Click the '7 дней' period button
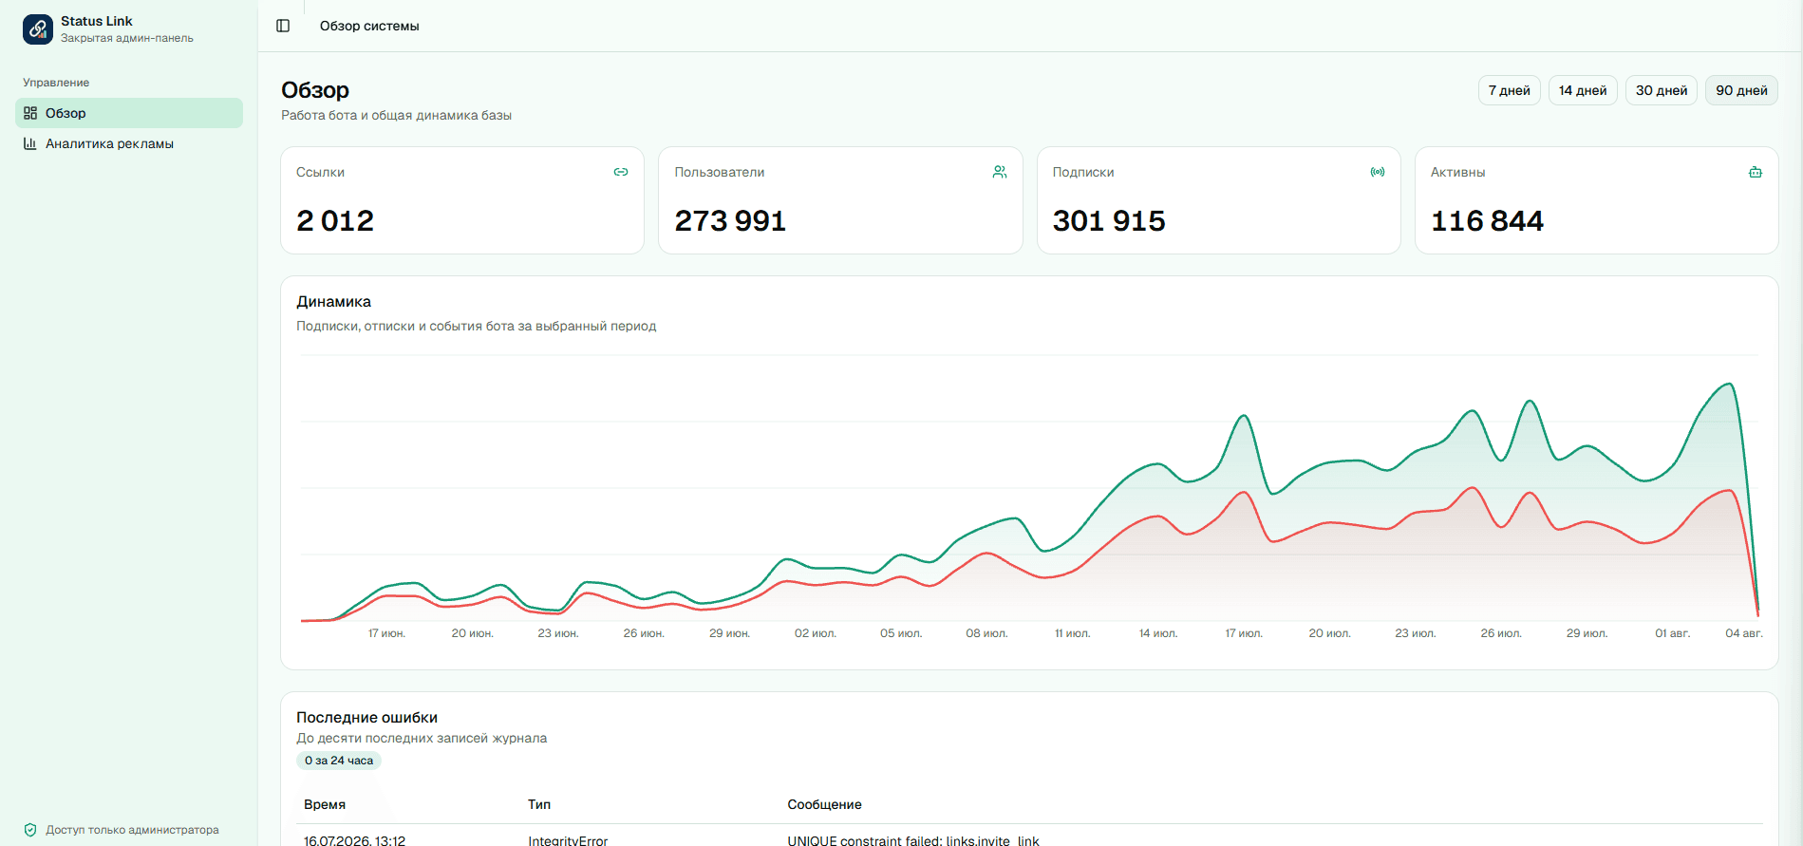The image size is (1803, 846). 1509,90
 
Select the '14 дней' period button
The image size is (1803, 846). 1583,90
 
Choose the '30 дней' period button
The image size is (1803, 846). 1662,90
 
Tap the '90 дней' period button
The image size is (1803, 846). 1741,90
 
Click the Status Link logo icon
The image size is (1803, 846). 38,28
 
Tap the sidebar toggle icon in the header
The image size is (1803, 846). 283,26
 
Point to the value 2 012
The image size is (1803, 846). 335,220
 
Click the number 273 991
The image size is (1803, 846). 730,220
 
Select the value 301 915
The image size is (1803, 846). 1109,220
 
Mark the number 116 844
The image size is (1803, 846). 1487,220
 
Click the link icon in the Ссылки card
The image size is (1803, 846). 621,172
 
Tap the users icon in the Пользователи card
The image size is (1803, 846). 1000,172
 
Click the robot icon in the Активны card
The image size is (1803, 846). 1756,172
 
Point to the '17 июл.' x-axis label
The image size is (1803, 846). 1244,633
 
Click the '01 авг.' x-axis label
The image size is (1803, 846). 1673,633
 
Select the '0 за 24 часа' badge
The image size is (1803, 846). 339,761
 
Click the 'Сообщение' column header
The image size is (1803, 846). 824,804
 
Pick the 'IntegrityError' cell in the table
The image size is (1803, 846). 568,840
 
